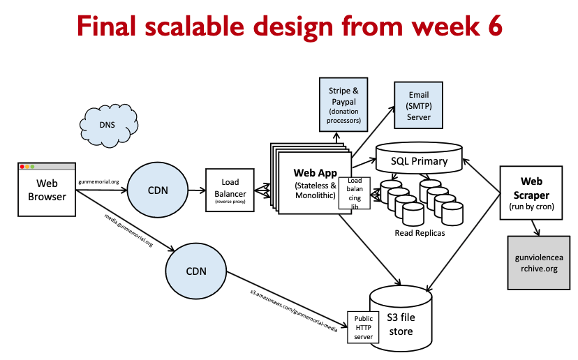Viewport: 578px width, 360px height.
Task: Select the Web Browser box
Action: [x=47, y=190]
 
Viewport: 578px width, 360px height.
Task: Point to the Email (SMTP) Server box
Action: [x=419, y=105]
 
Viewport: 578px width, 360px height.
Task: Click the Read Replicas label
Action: [x=420, y=232]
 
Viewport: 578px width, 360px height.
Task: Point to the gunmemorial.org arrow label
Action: [x=98, y=181]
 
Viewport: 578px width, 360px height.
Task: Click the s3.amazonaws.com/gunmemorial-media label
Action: [x=293, y=306]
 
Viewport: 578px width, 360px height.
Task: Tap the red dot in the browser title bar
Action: [x=22, y=166]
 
